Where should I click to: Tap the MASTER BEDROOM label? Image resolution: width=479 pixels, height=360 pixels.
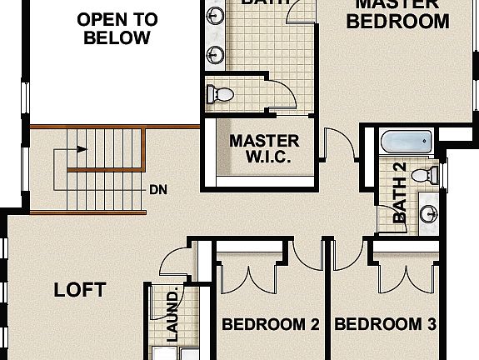click(397, 13)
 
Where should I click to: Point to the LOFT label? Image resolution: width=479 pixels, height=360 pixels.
click(80, 290)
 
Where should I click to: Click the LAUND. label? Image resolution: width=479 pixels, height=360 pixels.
click(173, 316)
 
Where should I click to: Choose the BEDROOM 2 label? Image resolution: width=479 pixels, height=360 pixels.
click(271, 324)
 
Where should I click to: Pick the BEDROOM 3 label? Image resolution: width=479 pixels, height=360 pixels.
click(385, 324)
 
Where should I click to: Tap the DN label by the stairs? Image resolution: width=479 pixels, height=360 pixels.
click(158, 190)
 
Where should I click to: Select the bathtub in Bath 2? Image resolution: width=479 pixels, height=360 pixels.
click(407, 142)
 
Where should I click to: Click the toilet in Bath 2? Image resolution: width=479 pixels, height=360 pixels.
click(427, 176)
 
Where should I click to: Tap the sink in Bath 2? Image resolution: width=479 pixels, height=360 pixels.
click(430, 212)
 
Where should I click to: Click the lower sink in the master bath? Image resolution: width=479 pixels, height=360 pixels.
click(216, 54)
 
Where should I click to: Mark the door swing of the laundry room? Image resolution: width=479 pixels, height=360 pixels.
click(175, 265)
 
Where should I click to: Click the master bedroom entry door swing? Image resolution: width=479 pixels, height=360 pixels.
click(340, 145)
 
